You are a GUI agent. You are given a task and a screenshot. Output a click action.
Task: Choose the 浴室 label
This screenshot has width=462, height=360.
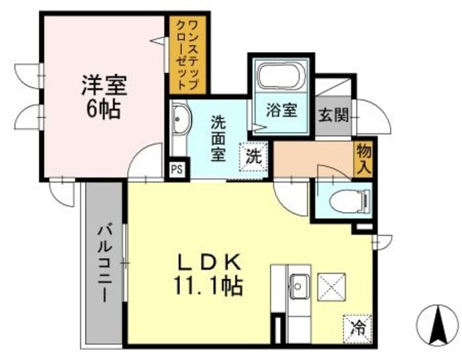click(282, 110)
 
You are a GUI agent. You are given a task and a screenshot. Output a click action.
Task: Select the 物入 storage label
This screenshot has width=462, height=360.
click(362, 158)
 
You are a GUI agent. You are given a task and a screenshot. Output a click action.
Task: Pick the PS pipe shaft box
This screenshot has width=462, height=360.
click(175, 170)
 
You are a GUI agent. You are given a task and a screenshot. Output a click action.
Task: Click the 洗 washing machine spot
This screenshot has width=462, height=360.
click(253, 154)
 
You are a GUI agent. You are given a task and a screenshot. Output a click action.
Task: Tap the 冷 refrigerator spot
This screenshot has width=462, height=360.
click(357, 326)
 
